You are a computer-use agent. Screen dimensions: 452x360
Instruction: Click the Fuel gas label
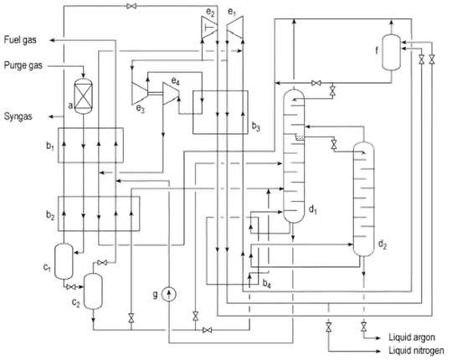[x=20, y=40]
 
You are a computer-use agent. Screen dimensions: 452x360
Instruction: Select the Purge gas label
[x=23, y=65]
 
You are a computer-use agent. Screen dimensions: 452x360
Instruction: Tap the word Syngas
[x=18, y=116]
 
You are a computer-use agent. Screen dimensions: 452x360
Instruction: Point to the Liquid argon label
[x=412, y=337]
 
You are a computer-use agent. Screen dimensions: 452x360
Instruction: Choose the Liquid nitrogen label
[x=416, y=351]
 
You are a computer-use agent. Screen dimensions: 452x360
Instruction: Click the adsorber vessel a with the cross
[x=84, y=95]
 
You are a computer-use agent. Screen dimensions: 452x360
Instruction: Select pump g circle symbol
[x=168, y=295]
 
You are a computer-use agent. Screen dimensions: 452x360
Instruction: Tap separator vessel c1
[x=64, y=261]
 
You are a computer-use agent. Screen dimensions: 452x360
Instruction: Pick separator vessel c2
[x=93, y=291]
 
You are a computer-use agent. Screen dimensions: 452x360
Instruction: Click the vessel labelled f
[x=392, y=52]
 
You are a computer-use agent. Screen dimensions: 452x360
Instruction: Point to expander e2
[x=209, y=27]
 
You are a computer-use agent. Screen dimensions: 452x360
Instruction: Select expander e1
[x=235, y=27]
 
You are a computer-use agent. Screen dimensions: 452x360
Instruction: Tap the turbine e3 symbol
[x=140, y=93]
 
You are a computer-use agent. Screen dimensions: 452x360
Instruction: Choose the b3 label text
[x=256, y=126]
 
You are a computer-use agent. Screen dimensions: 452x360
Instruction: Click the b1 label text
[x=50, y=147]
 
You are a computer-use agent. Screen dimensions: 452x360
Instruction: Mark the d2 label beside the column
[x=383, y=244]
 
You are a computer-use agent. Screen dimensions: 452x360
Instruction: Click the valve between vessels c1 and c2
[x=71, y=287]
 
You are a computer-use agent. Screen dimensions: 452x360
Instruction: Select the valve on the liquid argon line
[x=364, y=327]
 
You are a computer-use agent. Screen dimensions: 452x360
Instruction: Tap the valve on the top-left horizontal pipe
[x=131, y=6]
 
